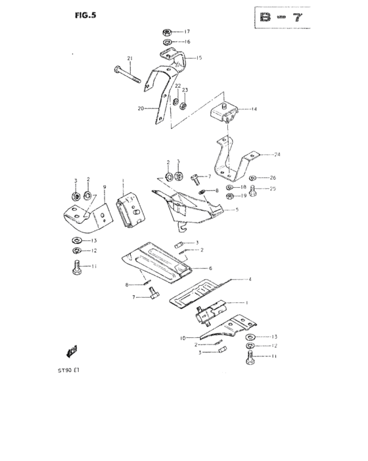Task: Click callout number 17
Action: (186, 32)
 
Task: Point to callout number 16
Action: (186, 42)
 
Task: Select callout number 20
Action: (140, 109)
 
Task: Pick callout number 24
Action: (277, 155)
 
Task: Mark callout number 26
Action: (273, 178)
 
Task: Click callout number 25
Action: (273, 189)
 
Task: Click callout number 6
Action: (210, 269)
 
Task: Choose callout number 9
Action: (104, 188)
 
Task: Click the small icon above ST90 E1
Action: (74, 350)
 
